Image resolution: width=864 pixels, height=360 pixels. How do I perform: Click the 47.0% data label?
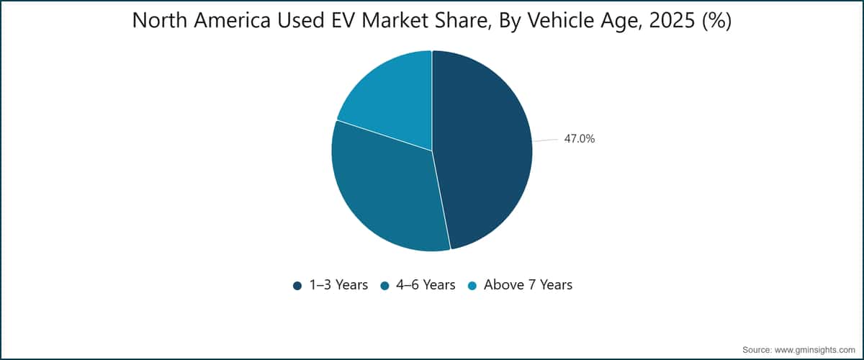click(x=580, y=138)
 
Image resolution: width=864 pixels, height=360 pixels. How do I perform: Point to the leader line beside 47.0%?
click(x=546, y=140)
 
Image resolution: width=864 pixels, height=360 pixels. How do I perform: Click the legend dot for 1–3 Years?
click(x=297, y=286)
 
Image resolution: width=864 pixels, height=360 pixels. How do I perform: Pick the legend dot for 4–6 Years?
click(x=384, y=286)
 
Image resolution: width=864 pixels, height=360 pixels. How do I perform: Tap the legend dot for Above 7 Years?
click(x=472, y=286)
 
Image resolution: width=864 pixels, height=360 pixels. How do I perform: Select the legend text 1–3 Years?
click(x=338, y=284)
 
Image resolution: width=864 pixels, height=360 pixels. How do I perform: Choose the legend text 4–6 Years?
click(x=426, y=284)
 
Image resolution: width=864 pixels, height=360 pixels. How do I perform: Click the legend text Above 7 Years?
click(x=528, y=284)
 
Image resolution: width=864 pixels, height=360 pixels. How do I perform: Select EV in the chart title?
click(x=343, y=20)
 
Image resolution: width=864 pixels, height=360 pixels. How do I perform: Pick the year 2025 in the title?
click(x=672, y=20)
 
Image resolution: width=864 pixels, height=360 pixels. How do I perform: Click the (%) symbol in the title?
click(x=716, y=21)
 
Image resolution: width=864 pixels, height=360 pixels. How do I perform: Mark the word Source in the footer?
click(x=757, y=350)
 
